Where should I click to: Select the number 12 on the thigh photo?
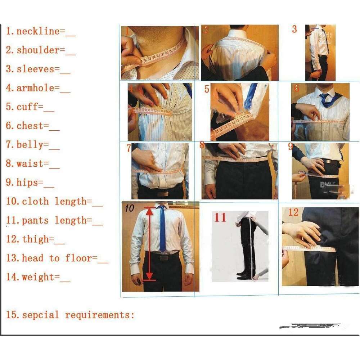[293, 212]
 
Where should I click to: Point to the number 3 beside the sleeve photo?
[294, 29]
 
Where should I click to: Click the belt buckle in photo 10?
[163, 258]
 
